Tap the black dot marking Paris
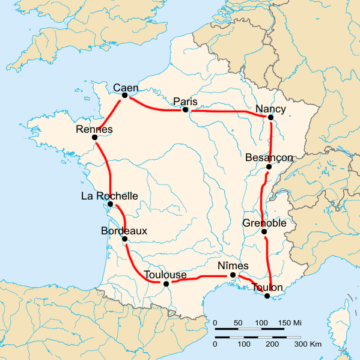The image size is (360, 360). tap(186, 109)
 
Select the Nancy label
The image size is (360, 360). tap(271, 108)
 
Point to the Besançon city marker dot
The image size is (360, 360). tap(268, 166)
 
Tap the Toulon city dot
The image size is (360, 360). tap(267, 295)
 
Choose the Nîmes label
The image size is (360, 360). tap(231, 265)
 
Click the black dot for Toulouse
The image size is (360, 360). tap(166, 283)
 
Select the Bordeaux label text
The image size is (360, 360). tap(125, 229)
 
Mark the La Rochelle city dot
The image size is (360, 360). tap(110, 205)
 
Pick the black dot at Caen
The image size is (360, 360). tap(125, 95)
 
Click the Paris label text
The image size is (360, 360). tap(186, 100)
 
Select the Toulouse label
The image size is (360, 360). tap(166, 273)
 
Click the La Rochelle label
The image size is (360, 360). tap(109, 196)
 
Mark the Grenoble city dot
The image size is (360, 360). tap(264, 233)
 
